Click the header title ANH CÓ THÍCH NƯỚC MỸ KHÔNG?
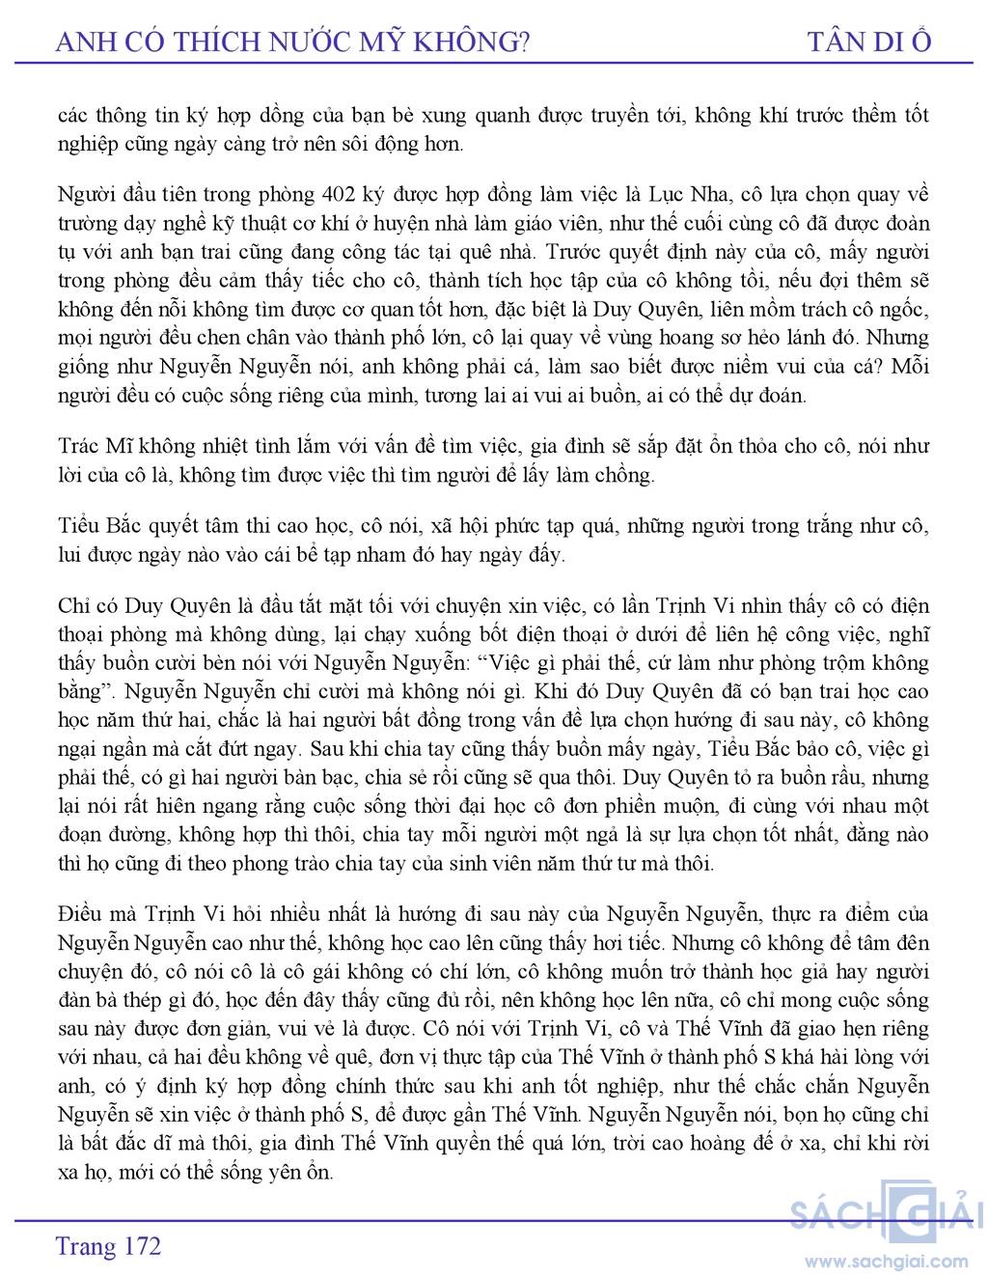(x=293, y=42)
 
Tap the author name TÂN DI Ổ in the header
(x=869, y=42)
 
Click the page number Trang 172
(x=108, y=1246)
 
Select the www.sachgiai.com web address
(x=886, y=1261)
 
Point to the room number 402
(x=330, y=194)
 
